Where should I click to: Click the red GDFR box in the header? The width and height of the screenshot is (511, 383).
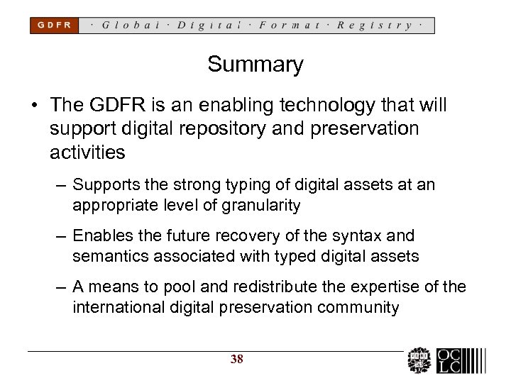(53, 26)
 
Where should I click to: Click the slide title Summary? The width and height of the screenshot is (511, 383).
(255, 65)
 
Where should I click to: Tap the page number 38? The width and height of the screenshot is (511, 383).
(237, 360)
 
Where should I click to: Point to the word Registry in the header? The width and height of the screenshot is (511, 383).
(375, 26)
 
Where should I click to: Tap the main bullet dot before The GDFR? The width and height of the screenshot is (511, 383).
(33, 106)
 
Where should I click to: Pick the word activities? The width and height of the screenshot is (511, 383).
(87, 152)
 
